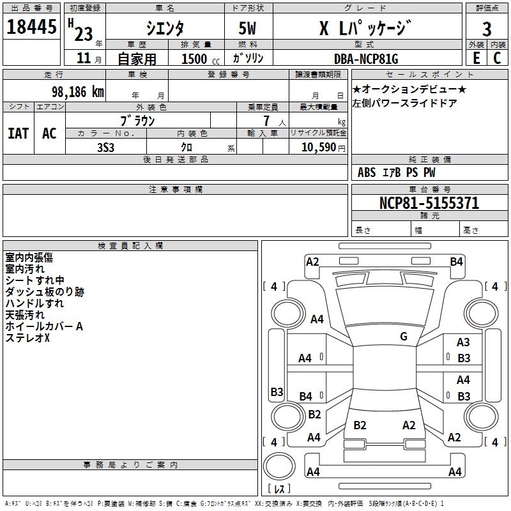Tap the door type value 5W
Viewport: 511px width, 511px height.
[248, 28]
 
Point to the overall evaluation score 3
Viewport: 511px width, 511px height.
[487, 28]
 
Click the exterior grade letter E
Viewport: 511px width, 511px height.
[476, 58]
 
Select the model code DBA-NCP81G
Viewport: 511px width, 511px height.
[365, 59]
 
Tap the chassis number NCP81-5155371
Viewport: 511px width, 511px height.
[429, 204]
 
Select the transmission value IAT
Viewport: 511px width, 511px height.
[19, 133]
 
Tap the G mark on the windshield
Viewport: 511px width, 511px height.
[403, 337]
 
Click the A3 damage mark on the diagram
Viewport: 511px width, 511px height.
[463, 343]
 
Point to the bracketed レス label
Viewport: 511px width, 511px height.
[278, 489]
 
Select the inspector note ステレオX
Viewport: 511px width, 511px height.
[27, 338]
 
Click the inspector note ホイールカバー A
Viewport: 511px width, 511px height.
[44, 326]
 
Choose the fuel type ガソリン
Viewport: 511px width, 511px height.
[248, 58]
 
